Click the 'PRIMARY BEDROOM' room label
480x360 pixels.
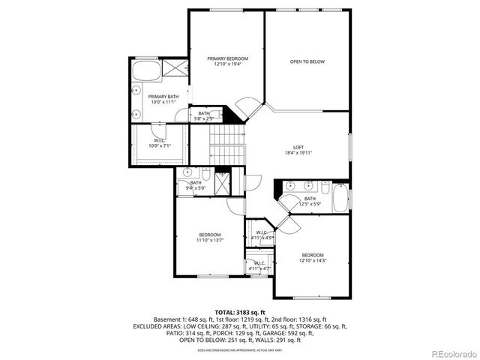click(227, 58)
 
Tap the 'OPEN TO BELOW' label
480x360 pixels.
click(307, 61)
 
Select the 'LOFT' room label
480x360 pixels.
click(298, 147)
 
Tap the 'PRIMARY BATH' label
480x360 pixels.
click(163, 97)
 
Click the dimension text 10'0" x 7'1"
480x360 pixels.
click(160, 145)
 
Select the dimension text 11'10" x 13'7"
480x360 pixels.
click(210, 240)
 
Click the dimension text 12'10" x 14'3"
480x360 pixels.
click(313, 260)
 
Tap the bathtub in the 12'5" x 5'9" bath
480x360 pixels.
click(340, 199)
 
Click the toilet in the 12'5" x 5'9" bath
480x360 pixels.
click(325, 187)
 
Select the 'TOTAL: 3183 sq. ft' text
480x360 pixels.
click(240, 311)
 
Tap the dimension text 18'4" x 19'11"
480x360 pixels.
click(298, 152)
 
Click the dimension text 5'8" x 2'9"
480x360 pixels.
click(204, 118)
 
